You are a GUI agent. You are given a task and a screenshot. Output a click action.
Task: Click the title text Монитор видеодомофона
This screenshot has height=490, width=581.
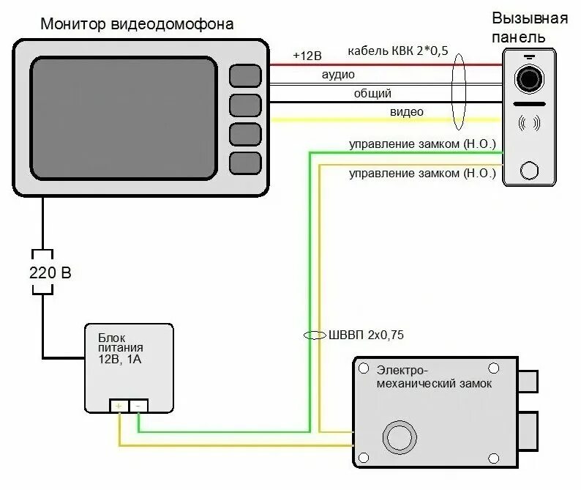click(137, 24)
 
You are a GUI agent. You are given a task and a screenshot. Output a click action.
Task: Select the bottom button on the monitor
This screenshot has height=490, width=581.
click(245, 162)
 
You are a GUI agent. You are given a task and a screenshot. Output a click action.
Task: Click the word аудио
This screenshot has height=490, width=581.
click(338, 75)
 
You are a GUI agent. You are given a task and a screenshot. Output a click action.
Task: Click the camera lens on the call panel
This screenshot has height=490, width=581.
click(529, 78)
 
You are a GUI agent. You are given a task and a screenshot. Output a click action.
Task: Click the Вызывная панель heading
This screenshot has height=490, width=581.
click(529, 27)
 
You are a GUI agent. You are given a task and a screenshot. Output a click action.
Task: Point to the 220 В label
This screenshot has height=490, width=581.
click(50, 273)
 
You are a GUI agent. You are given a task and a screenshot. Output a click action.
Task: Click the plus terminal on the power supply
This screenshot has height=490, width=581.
click(119, 405)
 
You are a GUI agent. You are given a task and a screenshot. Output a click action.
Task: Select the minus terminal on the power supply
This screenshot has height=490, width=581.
click(139, 405)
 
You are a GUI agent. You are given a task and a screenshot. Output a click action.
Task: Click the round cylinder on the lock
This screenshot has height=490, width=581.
click(400, 437)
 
